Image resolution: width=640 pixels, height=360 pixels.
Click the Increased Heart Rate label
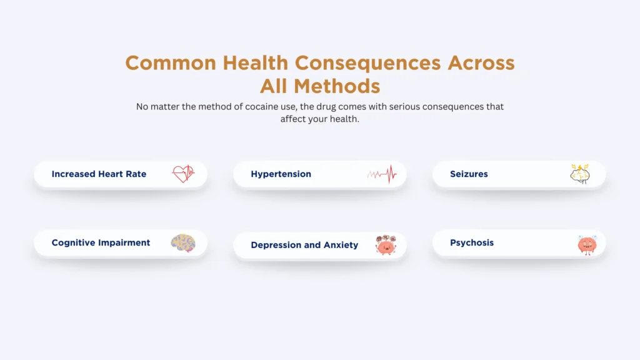(x=99, y=174)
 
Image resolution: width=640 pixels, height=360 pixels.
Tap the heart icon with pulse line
(x=183, y=174)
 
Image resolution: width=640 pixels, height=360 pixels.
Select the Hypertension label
(x=281, y=174)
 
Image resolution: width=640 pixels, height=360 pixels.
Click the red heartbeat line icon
(x=382, y=174)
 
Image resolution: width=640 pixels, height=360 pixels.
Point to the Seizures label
(x=468, y=174)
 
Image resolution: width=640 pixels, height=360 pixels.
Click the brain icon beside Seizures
(x=579, y=174)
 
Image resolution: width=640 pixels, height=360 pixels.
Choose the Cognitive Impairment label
(x=101, y=242)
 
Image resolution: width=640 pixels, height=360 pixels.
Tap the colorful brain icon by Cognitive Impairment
(x=183, y=242)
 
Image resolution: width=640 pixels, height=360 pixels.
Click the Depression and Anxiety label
(x=304, y=245)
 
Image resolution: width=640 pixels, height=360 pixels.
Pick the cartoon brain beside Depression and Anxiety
(x=385, y=245)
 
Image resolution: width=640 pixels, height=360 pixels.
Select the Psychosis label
(x=472, y=242)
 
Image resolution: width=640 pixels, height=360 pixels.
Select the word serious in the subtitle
(x=405, y=107)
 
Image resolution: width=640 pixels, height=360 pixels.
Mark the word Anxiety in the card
(x=341, y=245)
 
